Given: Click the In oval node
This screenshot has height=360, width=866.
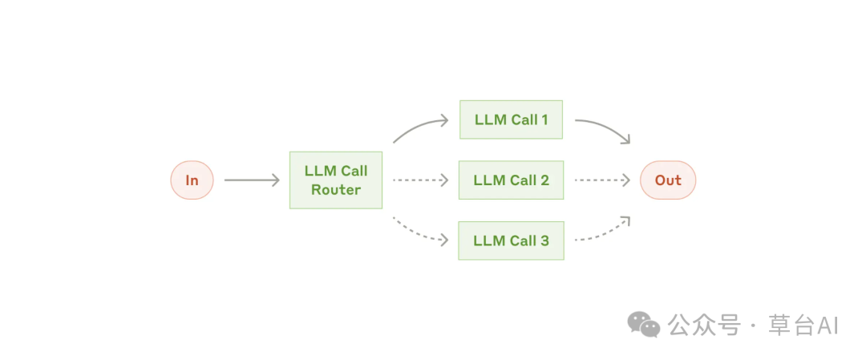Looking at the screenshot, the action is click(192, 180).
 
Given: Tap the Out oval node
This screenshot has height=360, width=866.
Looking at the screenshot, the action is click(668, 180).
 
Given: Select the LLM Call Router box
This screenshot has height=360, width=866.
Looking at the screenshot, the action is click(336, 180).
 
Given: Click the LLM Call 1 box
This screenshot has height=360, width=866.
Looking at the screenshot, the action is click(511, 119).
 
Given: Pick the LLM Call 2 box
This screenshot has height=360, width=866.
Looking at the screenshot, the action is click(511, 180).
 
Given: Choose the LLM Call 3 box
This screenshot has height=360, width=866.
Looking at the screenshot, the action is click(511, 241).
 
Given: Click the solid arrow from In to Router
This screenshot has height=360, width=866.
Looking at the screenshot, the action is click(252, 180).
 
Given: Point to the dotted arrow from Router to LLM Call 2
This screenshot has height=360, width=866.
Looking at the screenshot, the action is click(420, 180).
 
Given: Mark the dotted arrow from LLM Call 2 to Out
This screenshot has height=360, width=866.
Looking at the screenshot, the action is click(602, 180).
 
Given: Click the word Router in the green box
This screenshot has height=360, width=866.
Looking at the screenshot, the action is click(336, 190).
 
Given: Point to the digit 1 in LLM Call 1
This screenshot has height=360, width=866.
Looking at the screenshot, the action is click(544, 119).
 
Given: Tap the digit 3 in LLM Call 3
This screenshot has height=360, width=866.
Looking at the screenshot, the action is click(544, 241).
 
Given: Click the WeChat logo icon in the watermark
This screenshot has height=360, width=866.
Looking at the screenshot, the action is click(643, 324).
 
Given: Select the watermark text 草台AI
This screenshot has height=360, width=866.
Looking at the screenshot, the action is click(803, 326).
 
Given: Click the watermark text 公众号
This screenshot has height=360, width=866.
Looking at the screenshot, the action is click(704, 326).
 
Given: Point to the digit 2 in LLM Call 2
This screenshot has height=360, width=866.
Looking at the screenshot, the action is click(544, 180).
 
